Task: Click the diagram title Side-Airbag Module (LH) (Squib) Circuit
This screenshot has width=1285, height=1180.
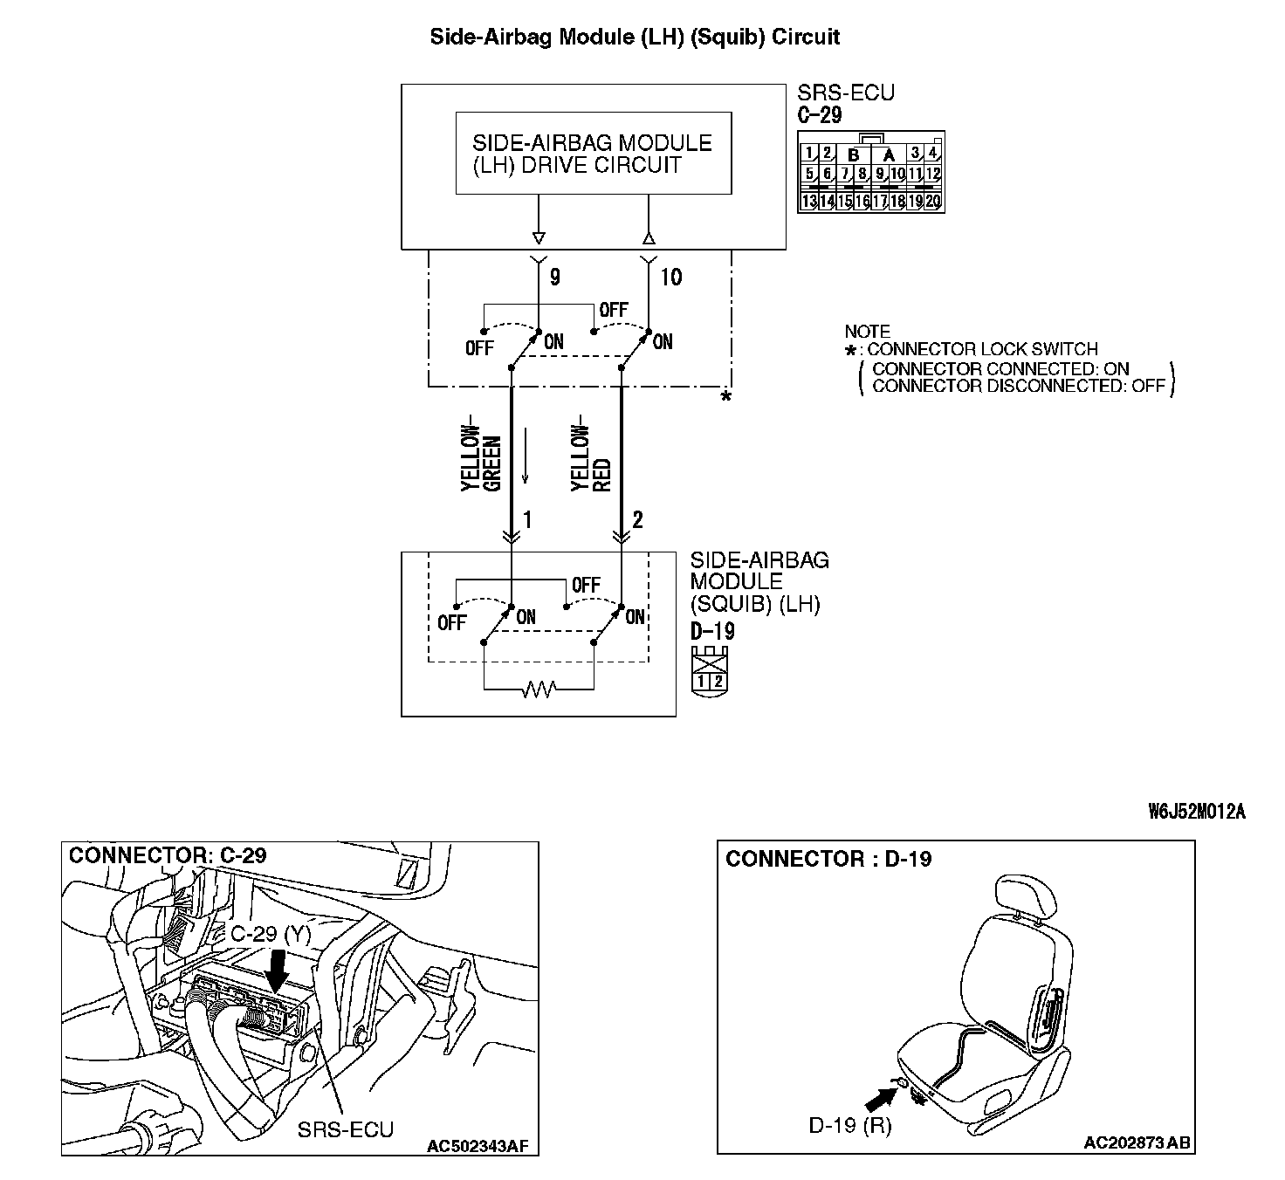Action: tap(635, 37)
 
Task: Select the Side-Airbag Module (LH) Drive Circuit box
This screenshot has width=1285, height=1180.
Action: tap(593, 154)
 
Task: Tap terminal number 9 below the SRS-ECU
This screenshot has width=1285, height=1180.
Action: tap(554, 278)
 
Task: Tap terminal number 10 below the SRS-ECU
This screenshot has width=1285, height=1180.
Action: tap(670, 278)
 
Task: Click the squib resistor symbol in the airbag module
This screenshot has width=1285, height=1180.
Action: tap(539, 690)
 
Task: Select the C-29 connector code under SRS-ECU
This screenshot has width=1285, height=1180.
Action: tap(820, 114)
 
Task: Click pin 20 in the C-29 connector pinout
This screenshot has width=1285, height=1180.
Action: tap(933, 202)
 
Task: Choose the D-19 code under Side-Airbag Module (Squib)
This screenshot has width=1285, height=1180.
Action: tap(712, 630)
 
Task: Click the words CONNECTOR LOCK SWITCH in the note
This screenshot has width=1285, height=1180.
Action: tap(982, 350)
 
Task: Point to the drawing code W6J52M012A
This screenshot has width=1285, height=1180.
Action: tap(1196, 813)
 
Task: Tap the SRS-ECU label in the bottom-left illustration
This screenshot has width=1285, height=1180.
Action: tap(346, 1129)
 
